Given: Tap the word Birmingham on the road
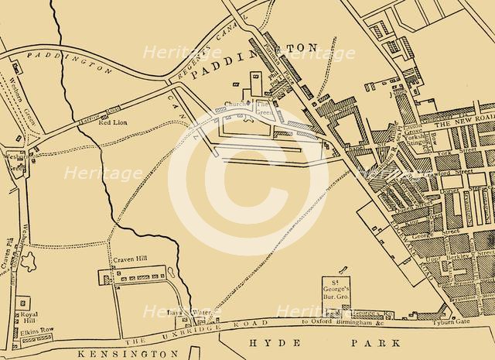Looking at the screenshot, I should pyautogui.click(x=355, y=322).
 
